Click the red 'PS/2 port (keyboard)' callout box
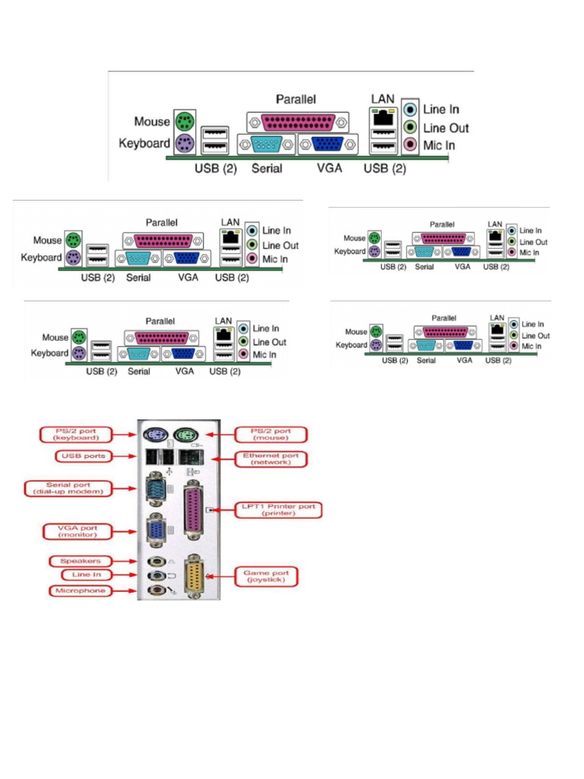pos(75,434)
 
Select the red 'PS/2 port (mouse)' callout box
pos(271,434)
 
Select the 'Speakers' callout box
pos(82,561)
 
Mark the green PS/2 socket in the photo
pos(185,436)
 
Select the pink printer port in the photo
pos(195,513)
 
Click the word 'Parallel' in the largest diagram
pos(296,99)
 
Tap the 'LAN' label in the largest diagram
pos(382,99)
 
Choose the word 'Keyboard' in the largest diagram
pos(144,143)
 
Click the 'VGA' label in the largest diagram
pos(329,167)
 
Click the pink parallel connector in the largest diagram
pos(297,121)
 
